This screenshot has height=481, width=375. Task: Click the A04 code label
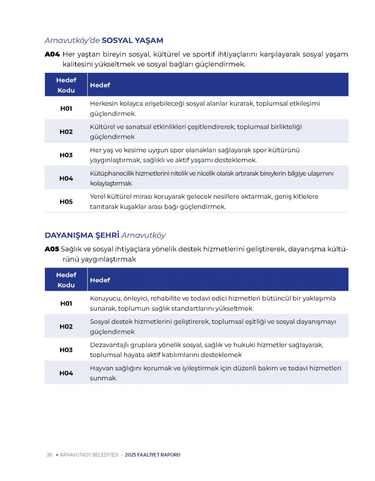52,54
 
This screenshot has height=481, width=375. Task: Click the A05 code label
52,249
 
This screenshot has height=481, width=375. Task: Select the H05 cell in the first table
66,201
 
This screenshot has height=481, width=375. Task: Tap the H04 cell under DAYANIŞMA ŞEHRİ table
66,373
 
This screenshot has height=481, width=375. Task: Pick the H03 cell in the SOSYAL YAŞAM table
66,155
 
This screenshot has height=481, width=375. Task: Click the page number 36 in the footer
49,455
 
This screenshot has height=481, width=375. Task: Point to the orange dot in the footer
57,455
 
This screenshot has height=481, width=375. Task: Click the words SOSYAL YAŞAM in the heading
132,40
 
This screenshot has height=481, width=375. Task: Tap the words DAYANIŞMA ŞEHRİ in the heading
82,235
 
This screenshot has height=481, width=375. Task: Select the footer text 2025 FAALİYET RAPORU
153,455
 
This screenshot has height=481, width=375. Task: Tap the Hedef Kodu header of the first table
66,85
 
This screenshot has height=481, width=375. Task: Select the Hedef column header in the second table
100,280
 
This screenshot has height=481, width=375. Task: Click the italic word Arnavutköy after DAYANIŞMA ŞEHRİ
144,235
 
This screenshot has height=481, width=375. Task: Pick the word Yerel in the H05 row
98,197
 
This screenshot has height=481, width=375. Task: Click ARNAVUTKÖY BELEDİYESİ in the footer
89,455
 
